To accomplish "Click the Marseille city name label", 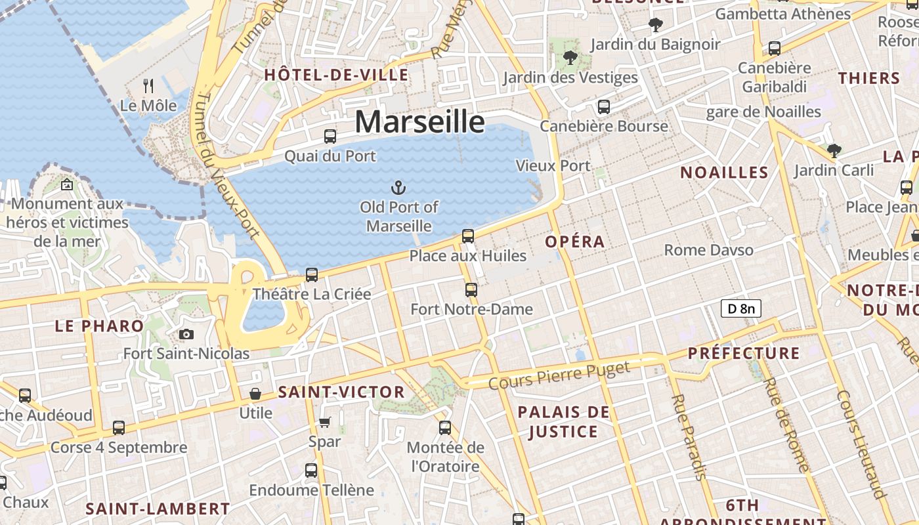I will click(420, 122).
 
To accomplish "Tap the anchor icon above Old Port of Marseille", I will click(398, 188).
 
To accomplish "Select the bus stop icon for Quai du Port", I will click(330, 136).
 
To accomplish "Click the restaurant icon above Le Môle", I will click(148, 85).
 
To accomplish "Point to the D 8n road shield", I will click(740, 308).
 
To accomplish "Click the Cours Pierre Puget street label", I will click(559, 374).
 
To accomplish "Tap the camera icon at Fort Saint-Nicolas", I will click(186, 335).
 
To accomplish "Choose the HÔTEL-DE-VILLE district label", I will click(336, 75).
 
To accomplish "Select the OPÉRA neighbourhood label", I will click(575, 241).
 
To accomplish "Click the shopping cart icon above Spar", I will click(325, 422).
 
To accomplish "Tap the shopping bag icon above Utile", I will click(255, 394).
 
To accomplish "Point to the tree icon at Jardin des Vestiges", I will click(570, 58).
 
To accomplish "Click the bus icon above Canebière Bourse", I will click(603, 106).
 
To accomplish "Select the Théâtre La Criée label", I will click(312, 294).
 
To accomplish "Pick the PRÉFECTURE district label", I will click(744, 353).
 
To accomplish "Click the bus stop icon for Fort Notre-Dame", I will click(471, 289).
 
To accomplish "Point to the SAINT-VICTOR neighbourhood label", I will click(341, 392).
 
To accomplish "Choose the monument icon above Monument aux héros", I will click(66, 184).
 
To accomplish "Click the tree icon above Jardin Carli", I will click(834, 151).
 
